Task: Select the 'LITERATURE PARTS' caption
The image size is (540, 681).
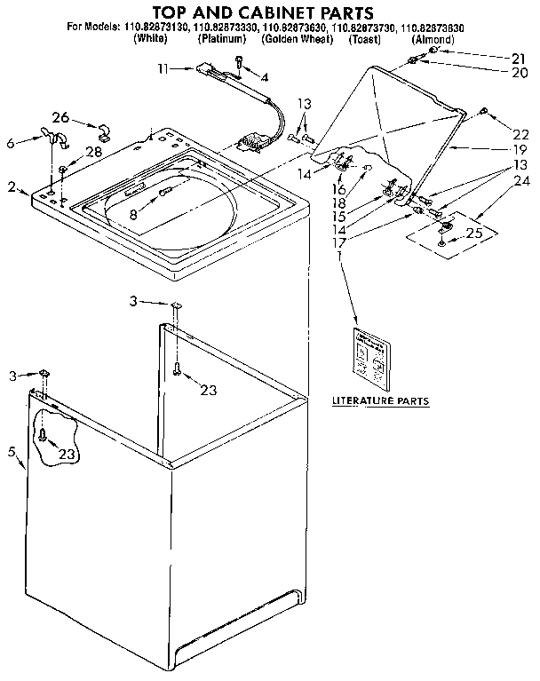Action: [x=380, y=400]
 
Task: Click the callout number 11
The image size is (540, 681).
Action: [x=163, y=68]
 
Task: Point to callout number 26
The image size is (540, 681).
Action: [x=60, y=118]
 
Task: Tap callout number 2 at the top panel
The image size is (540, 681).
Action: [x=12, y=186]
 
